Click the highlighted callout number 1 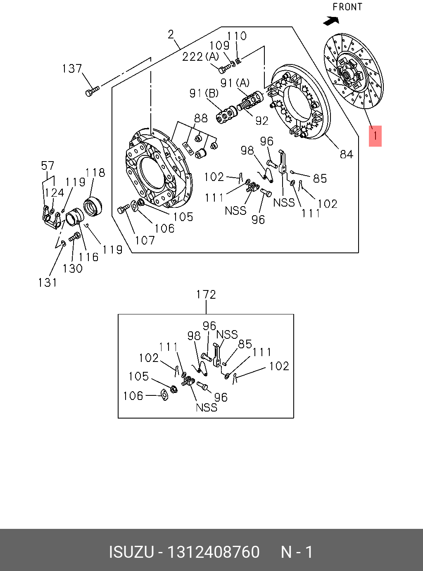tap(375, 136)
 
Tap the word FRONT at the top tap(347, 7)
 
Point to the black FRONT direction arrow tap(331, 20)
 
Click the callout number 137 tap(72, 69)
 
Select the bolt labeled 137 tap(92, 91)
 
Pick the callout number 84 tap(346, 155)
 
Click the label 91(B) tap(204, 93)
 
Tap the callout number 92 tap(262, 121)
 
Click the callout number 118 tap(95, 172)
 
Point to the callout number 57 tap(48, 166)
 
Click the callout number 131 tap(48, 283)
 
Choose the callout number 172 tap(206, 295)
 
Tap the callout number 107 tap(145, 240)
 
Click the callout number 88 tap(201, 118)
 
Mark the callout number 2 tap(171, 34)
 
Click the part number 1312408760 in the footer tap(213, 552)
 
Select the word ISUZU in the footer tap(131, 552)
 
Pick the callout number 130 tap(72, 269)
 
